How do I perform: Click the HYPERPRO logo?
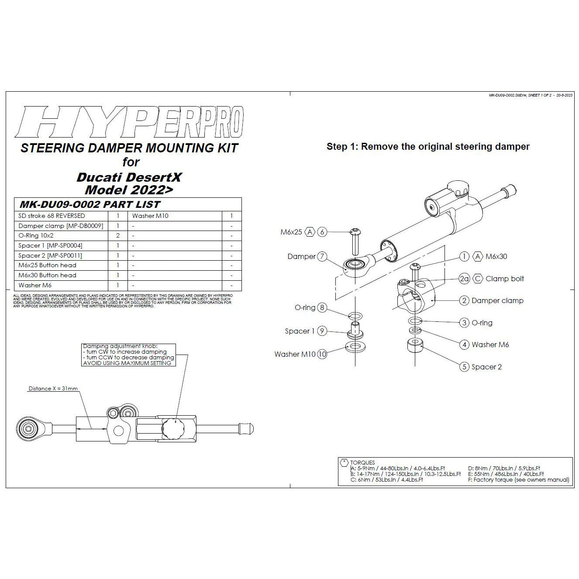[x=129, y=122]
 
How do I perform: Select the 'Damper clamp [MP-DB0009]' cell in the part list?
[x=61, y=226]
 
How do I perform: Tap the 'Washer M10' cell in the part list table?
[x=150, y=216]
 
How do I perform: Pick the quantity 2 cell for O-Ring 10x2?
[x=118, y=236]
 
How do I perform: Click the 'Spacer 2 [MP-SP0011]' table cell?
[x=50, y=255]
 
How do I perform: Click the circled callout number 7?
[x=322, y=257]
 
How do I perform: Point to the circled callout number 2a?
[x=464, y=279]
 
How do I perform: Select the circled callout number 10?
[x=322, y=354]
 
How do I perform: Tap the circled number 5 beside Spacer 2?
[x=464, y=367]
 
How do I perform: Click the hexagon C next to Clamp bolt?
[x=478, y=279]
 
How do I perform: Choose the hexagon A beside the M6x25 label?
[x=310, y=232]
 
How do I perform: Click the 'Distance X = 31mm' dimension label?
[x=53, y=389]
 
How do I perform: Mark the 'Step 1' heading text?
[x=427, y=147]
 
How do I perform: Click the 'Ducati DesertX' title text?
[x=129, y=177]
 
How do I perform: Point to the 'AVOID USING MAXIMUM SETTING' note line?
[x=128, y=363]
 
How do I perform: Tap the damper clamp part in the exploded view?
[x=416, y=296]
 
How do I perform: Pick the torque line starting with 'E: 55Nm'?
[x=506, y=474]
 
